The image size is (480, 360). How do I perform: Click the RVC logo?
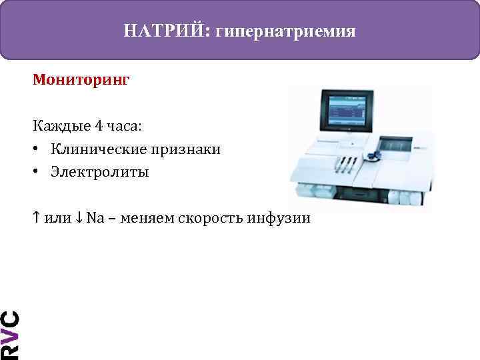click(9, 334)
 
